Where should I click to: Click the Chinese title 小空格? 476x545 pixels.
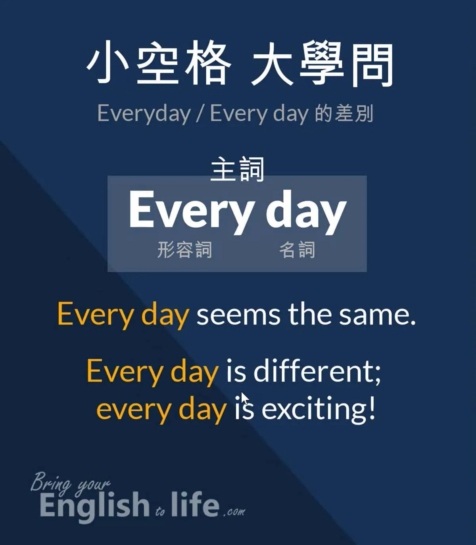click(x=159, y=63)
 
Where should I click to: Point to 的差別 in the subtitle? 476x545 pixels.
click(x=344, y=113)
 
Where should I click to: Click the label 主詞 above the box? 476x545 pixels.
click(x=237, y=169)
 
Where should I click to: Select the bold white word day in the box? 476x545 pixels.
click(x=306, y=212)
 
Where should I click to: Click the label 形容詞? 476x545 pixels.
click(x=184, y=250)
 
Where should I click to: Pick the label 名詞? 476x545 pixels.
click(x=297, y=250)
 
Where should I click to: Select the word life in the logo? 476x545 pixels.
click(x=195, y=504)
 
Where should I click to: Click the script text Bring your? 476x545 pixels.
click(x=70, y=483)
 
